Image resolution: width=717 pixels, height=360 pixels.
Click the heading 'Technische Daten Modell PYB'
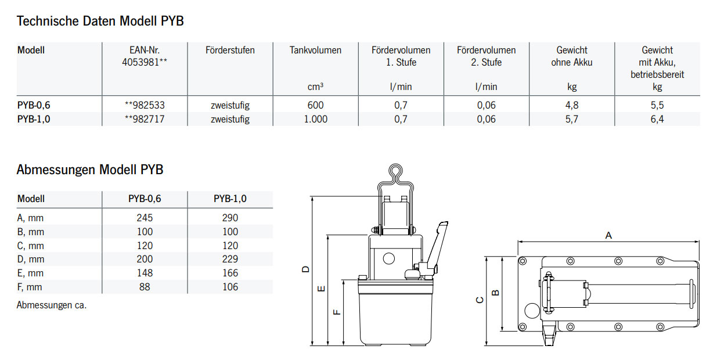(x=100, y=21)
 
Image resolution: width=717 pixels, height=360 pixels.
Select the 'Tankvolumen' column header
(x=315, y=51)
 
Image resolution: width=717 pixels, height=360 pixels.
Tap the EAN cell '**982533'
(x=145, y=105)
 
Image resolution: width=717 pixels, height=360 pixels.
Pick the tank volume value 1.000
(x=316, y=119)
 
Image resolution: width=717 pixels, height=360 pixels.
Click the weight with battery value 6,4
(x=657, y=119)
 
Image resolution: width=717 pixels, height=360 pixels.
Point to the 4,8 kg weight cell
(x=571, y=105)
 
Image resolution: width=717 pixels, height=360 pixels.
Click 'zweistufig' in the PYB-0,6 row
(x=230, y=105)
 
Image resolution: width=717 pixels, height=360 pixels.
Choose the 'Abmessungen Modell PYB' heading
(x=90, y=170)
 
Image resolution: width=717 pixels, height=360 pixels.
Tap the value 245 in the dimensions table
(x=145, y=218)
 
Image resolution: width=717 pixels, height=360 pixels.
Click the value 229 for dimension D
(x=230, y=259)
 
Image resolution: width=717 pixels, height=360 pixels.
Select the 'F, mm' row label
(x=30, y=287)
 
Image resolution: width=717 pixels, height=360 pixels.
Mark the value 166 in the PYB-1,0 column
(x=230, y=273)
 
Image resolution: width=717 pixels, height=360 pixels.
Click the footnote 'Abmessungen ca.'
(x=51, y=305)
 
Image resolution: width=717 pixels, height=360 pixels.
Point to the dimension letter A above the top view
(x=608, y=235)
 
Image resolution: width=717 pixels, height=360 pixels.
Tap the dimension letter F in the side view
(x=337, y=312)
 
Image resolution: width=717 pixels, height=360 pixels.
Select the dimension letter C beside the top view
(x=479, y=300)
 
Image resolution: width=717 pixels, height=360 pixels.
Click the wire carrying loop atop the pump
(x=395, y=173)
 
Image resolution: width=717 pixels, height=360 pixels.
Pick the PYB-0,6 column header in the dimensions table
(x=145, y=199)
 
